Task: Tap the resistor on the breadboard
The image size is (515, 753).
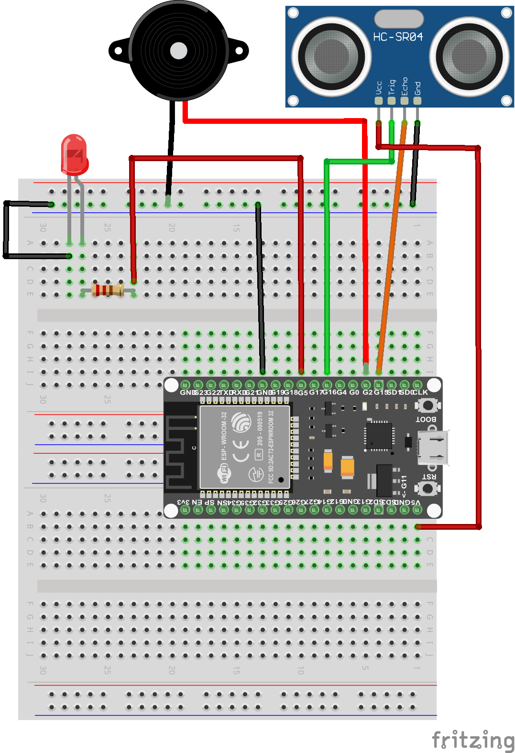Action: click(x=108, y=290)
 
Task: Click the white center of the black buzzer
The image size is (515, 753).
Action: click(x=178, y=51)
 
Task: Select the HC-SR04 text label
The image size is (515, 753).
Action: click(x=398, y=37)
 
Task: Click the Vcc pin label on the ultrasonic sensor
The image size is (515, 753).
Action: click(x=379, y=87)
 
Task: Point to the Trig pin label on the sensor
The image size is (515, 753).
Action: click(x=392, y=87)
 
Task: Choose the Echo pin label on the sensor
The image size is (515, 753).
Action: click(x=405, y=86)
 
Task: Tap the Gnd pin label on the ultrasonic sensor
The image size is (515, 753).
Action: click(x=417, y=88)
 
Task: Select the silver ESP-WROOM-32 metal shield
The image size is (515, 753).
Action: click(x=245, y=447)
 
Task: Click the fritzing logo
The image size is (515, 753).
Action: click(x=472, y=740)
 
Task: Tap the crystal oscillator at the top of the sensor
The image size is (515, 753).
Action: click(x=399, y=19)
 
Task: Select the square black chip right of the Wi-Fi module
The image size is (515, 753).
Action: click(x=379, y=435)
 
